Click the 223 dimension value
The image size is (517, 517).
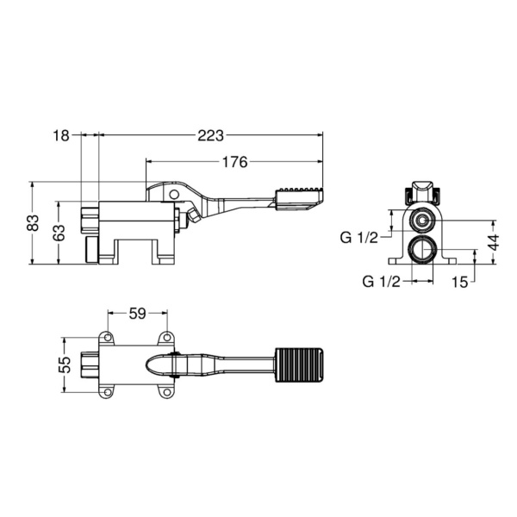pos(210,135)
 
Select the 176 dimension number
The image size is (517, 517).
pos(234,161)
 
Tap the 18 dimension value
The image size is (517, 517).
pos(60,135)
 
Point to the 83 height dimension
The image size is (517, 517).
pos(33,222)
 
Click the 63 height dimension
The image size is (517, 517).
pos(59,233)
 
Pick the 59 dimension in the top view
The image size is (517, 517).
pos(137,314)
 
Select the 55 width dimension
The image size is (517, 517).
pos(64,364)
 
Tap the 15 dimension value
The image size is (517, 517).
pos(458,281)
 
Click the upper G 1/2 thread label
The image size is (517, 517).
pos(358,238)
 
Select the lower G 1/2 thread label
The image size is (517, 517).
pos(379,281)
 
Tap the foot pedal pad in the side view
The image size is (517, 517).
pos(298,197)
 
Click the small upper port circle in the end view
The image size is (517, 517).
pos(421,220)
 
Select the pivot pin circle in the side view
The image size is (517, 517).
pos(178,196)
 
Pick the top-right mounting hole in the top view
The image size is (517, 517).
pos(166,337)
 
